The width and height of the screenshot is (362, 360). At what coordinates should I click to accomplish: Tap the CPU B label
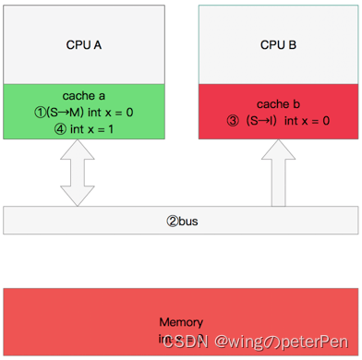coord(277,44)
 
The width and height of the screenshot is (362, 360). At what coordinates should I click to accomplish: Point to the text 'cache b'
coord(278,104)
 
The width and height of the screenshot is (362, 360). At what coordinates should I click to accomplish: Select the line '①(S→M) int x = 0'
coord(84,112)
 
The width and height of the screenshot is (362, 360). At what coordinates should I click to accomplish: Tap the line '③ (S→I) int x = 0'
coord(278,121)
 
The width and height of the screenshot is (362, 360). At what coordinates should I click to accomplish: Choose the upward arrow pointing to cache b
coord(278,175)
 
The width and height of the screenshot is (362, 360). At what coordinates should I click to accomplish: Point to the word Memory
coord(181,322)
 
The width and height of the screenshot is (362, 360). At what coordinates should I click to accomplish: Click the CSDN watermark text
coord(186,339)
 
